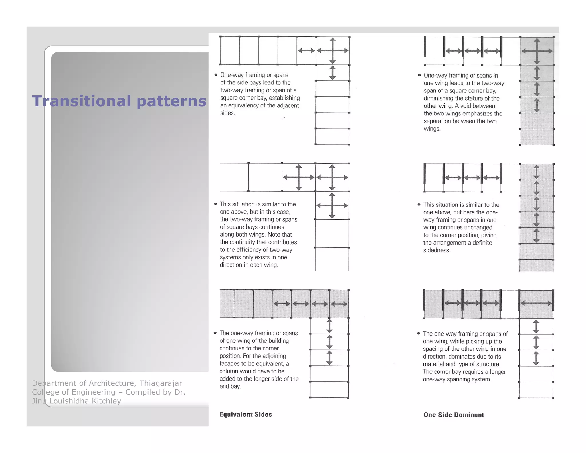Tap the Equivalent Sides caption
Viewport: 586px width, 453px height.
[246, 414]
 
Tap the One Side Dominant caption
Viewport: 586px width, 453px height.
[454, 415]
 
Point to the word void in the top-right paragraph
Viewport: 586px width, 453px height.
[466, 106]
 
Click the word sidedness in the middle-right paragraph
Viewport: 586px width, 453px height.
[437, 250]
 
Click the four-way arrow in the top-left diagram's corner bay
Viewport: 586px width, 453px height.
[332, 51]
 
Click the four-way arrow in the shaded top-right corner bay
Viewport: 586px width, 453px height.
[537, 51]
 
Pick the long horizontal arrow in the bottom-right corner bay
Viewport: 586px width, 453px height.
[536, 303]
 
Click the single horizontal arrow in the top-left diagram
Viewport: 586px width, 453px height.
[306, 51]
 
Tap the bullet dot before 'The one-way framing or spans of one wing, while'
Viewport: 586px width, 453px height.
[419, 334]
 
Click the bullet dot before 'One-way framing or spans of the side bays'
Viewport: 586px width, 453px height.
[216, 75]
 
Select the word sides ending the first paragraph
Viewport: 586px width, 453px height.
[227, 113]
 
